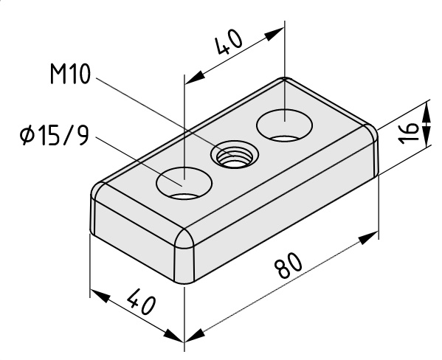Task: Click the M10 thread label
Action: [x=71, y=74]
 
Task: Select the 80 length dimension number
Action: [x=289, y=265]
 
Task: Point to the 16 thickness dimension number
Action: [x=409, y=133]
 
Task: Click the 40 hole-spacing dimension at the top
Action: [x=228, y=42]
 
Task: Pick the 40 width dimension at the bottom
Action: [x=141, y=301]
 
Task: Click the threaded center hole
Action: [x=235, y=156]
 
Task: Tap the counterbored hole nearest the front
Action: [x=184, y=184]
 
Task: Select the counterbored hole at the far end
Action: [x=284, y=125]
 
